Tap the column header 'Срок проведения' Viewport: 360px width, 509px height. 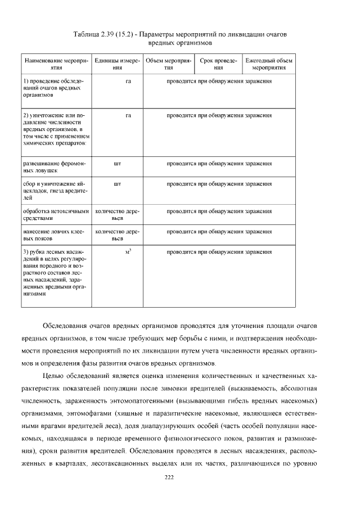219,64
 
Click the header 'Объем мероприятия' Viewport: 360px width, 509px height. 168,64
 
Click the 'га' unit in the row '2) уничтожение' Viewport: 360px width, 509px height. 128,115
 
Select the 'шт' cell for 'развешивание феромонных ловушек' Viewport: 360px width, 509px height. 117,164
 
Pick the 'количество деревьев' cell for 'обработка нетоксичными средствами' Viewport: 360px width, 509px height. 117,214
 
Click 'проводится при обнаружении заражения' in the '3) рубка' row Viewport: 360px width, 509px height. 219,251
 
